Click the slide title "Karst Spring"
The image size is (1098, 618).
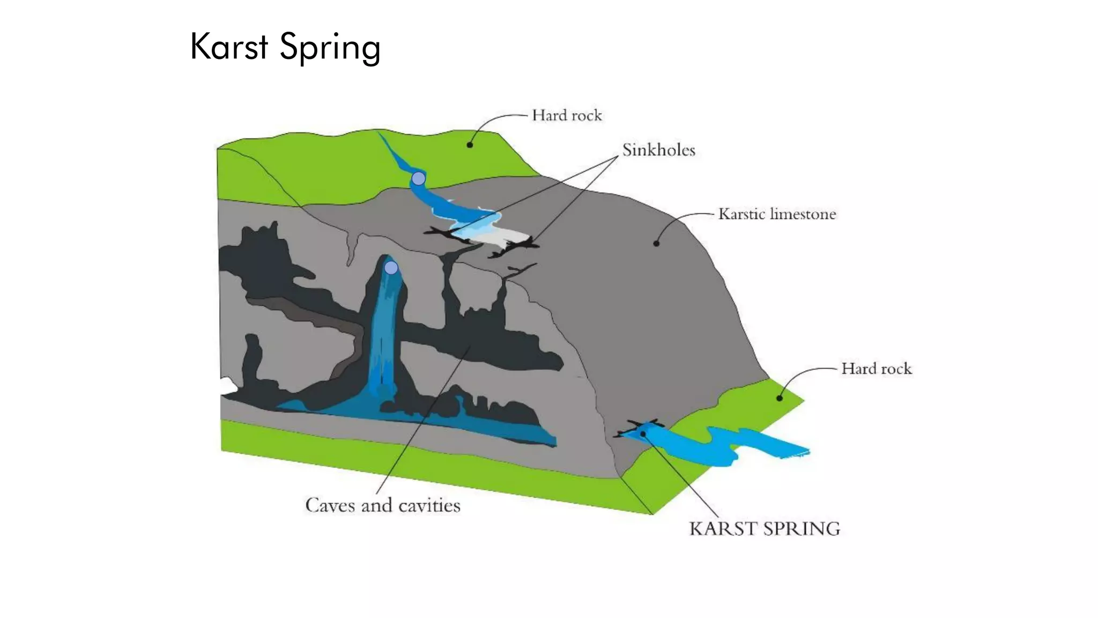(x=285, y=47)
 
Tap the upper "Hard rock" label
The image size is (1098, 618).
(x=567, y=115)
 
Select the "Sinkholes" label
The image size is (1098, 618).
(x=658, y=150)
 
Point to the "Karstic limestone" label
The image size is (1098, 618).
(x=777, y=214)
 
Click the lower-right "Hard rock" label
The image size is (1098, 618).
(x=876, y=369)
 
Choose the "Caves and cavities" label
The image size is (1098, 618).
(x=383, y=505)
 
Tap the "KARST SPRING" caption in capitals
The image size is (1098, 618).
(x=765, y=529)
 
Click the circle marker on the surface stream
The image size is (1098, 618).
(x=418, y=178)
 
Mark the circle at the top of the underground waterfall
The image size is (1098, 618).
(x=391, y=267)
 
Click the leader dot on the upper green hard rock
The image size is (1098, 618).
(x=470, y=145)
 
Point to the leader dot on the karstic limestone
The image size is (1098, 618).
(x=656, y=244)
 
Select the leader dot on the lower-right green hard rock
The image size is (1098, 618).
(x=780, y=398)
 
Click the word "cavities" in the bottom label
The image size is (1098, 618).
(x=429, y=505)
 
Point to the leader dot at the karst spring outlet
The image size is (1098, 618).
(x=643, y=433)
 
